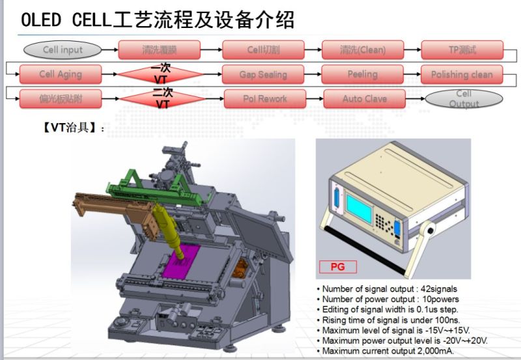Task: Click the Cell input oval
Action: (63, 49)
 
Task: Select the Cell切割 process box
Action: (263, 49)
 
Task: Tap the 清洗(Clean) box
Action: (363, 49)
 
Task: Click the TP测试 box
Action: (462, 49)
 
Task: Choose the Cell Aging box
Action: (60, 74)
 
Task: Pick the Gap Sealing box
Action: (263, 74)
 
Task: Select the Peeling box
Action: (363, 74)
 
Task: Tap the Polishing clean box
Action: (462, 74)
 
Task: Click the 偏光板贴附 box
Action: (60, 99)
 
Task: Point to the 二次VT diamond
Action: (163, 99)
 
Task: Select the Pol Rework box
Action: (263, 99)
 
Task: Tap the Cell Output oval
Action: (464, 99)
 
